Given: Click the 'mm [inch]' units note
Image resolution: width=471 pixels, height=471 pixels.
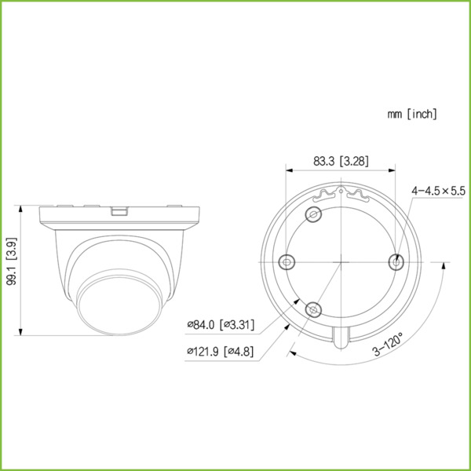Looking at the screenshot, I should click(412, 115).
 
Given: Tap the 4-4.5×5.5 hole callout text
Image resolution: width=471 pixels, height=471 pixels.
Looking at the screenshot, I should click(437, 191).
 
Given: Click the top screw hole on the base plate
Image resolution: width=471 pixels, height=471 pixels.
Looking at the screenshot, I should click(315, 215).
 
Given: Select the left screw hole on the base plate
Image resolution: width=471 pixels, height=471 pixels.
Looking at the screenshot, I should click(287, 261).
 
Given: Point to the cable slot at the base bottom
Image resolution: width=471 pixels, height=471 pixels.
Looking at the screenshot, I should click(341, 338).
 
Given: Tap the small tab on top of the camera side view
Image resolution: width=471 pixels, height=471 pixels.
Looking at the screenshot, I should click(119, 210).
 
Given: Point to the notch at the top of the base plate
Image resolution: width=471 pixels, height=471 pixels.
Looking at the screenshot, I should click(341, 191).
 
